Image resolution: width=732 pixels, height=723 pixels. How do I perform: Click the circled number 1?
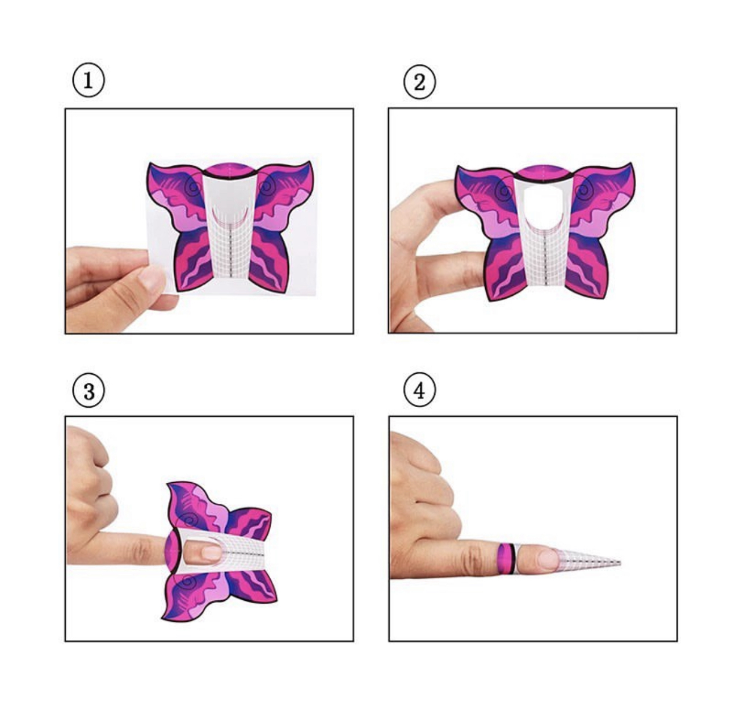[88, 80]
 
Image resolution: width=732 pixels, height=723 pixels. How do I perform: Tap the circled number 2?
[419, 82]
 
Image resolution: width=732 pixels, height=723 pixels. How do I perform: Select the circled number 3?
[89, 391]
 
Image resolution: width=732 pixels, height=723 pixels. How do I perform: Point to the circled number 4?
[419, 390]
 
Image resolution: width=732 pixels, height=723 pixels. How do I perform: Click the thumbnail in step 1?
[151, 279]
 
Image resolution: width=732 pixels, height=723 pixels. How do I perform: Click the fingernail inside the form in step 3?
[211, 553]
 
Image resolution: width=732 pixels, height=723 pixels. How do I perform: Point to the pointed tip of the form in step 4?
[620, 562]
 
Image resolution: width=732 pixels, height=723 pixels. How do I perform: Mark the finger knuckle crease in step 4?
[472, 559]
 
